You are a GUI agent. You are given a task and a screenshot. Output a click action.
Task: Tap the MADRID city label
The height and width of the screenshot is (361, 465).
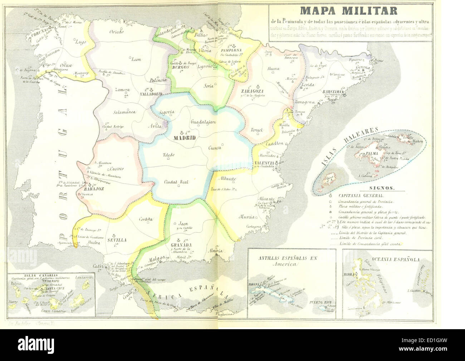pyautogui.click(x=184, y=138)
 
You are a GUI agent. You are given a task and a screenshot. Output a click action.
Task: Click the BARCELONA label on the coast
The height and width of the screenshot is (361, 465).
pyautogui.click(x=333, y=92)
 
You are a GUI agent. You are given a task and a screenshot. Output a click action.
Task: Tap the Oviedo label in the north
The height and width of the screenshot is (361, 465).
pyautogui.click(x=116, y=32)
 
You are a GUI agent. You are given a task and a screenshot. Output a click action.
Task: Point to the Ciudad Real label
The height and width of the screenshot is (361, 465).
pyautogui.click(x=176, y=182)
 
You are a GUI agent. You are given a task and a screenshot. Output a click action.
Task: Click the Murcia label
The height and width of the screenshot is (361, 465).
pyautogui.click(x=247, y=217)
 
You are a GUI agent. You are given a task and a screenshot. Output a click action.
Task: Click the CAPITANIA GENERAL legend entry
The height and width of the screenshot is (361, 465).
pyautogui.click(x=361, y=196)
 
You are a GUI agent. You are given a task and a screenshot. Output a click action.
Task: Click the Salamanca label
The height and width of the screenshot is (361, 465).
pyautogui.click(x=124, y=112)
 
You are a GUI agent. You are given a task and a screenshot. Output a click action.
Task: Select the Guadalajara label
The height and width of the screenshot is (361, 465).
pyautogui.click(x=203, y=122)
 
